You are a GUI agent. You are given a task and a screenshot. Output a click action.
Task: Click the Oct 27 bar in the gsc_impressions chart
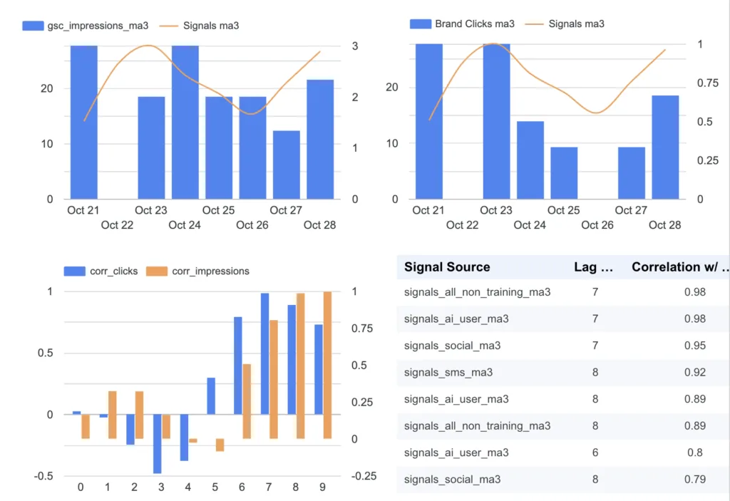(x=286, y=165)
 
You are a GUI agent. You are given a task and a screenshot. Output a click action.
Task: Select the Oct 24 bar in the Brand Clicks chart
(x=530, y=160)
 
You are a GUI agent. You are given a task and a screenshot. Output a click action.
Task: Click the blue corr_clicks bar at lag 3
(x=157, y=443)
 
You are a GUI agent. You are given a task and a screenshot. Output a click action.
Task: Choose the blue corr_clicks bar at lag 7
(x=264, y=353)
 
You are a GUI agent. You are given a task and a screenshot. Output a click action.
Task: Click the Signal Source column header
(x=447, y=267)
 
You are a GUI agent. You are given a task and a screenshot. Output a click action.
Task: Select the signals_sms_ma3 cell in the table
(x=448, y=372)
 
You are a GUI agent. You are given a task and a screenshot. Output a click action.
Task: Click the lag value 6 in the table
(x=595, y=453)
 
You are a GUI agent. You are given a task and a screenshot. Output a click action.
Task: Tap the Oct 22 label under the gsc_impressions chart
(x=118, y=225)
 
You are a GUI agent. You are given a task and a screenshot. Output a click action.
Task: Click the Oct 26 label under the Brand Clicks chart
(x=597, y=225)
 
